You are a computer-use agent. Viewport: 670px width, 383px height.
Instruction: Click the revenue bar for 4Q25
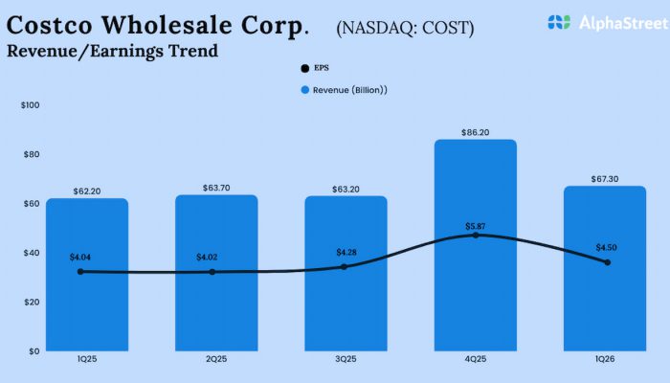coord(476,287)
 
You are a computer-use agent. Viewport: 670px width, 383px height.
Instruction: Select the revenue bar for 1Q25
coord(86,306)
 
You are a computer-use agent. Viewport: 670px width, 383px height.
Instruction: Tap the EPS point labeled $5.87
coord(476,235)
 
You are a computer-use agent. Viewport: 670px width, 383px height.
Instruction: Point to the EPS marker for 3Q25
coord(345,266)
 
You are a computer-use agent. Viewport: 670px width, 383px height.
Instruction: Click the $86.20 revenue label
coord(476,132)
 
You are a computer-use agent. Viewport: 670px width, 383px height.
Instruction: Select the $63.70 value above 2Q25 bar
coord(216,188)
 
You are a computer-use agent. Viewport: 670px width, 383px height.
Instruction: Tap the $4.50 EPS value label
coord(607,247)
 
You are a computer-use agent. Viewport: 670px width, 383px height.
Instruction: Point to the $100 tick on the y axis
coord(30,104)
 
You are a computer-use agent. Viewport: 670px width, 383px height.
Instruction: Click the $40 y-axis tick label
coord(32,253)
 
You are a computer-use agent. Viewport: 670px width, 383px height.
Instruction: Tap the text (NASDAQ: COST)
coord(405,28)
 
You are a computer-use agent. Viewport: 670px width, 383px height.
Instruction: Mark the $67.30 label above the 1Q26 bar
coord(606,178)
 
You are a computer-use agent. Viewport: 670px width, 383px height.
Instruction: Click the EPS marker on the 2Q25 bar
coord(212,272)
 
